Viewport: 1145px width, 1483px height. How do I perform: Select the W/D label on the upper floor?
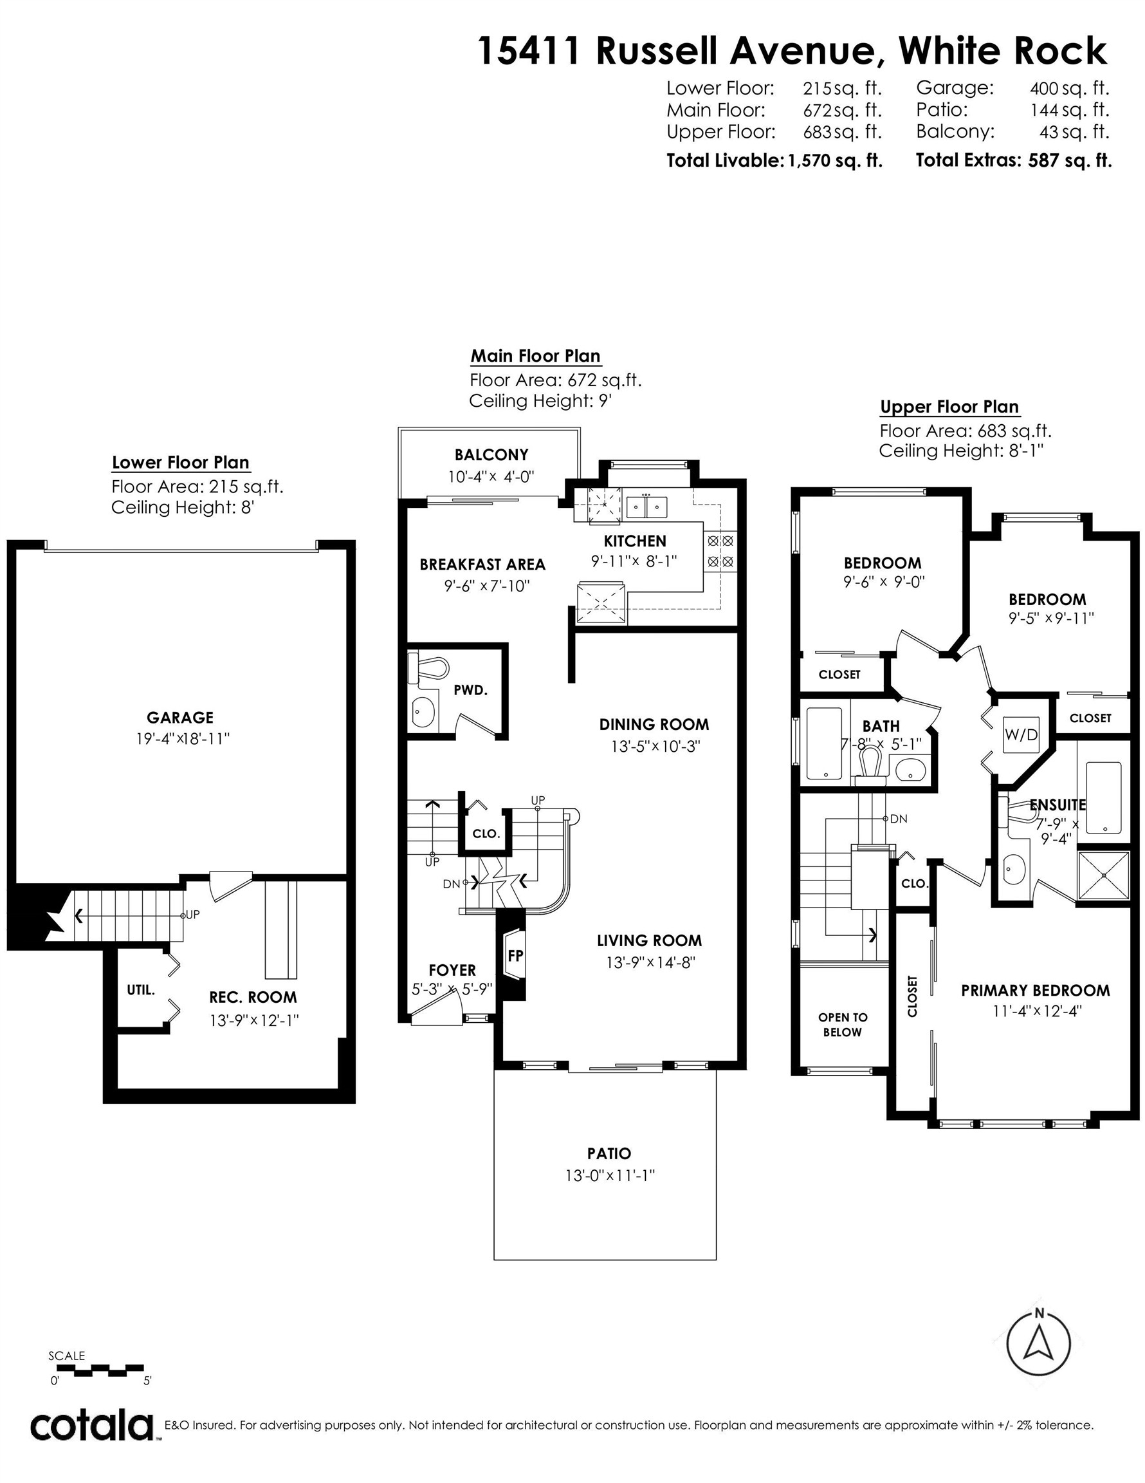[x=1021, y=734]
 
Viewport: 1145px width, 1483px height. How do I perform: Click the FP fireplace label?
[x=515, y=955]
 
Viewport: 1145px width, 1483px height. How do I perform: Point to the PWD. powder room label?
[x=470, y=690]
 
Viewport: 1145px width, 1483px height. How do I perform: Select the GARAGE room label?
[x=180, y=717]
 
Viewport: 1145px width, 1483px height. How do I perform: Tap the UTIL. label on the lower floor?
[x=140, y=990]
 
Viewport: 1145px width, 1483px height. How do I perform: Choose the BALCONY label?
[x=491, y=454]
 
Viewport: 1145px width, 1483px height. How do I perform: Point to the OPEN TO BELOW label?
[x=842, y=1025]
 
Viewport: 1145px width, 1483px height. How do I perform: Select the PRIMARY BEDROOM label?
[x=1035, y=990]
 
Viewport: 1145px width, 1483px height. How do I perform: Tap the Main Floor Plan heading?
[x=535, y=356]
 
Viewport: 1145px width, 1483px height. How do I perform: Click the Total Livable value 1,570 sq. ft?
[x=835, y=161]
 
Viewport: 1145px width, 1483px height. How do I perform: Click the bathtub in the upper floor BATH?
[x=825, y=744]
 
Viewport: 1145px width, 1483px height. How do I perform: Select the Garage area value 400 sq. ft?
[x=1070, y=88]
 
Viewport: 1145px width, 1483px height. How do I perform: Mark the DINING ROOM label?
[x=654, y=724]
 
